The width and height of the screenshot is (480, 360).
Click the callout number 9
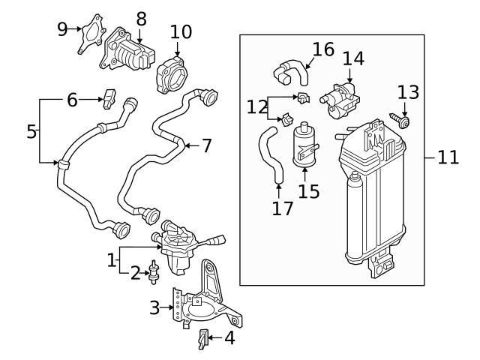tap(63, 29)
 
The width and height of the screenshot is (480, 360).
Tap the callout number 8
tap(141, 18)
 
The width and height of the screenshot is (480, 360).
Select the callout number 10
tap(181, 32)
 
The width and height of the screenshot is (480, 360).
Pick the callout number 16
tap(322, 50)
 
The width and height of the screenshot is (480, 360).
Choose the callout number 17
tap(282, 208)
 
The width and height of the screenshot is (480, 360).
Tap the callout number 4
tap(229, 337)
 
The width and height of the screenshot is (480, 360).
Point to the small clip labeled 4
tap(202, 339)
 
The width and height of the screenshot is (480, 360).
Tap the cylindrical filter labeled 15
tap(304, 142)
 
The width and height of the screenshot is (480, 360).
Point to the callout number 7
tap(207, 145)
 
